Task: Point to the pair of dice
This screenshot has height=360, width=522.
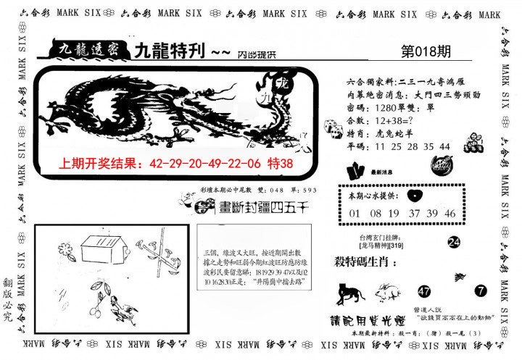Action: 333,131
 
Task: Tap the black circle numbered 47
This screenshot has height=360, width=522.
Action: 425,291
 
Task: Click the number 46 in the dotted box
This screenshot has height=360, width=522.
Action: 449,214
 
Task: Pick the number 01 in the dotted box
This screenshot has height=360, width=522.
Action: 354,214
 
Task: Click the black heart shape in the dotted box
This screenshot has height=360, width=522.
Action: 414,196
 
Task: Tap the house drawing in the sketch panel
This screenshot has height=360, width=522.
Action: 99,248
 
